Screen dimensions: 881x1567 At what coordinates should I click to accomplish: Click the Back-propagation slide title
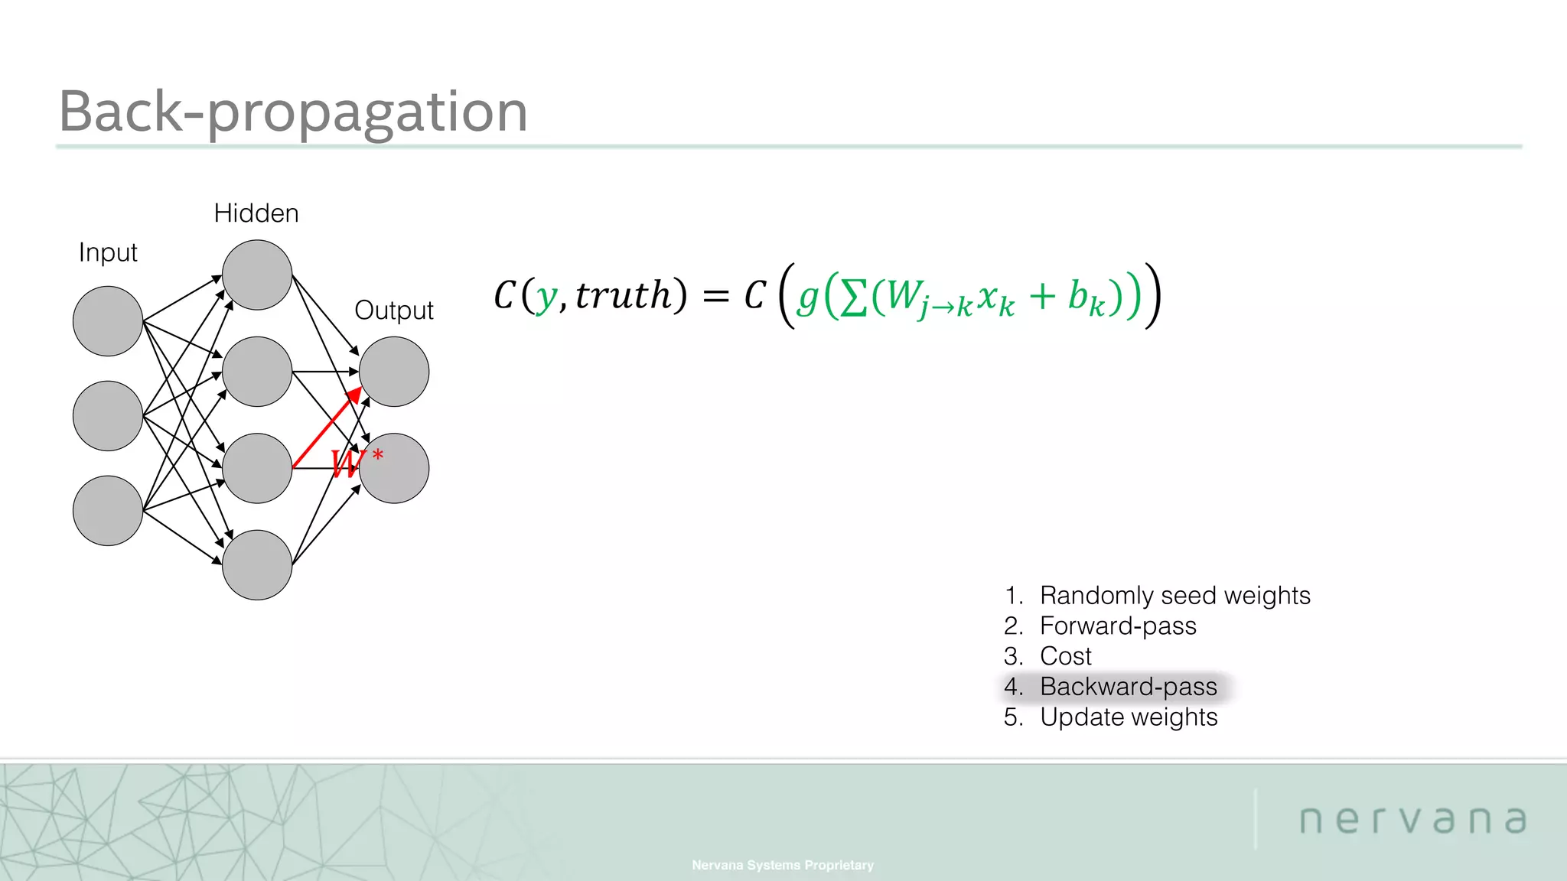coord(293,112)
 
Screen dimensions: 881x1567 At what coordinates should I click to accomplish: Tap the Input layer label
coord(108,252)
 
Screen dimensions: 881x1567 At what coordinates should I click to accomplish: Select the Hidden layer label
coord(256,213)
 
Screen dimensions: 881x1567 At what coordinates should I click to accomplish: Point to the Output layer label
coord(394,310)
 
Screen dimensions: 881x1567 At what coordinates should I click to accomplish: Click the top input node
coord(108,321)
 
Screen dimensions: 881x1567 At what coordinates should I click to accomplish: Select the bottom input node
coord(108,511)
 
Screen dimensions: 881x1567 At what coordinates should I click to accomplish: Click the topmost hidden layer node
coord(257,275)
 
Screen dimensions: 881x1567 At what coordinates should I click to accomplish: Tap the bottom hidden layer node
coord(257,565)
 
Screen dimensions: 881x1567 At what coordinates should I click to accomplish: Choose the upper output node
coord(394,372)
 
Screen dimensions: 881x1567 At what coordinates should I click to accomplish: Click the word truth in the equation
coord(623,295)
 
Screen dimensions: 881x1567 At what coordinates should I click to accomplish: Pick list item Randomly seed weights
coord(1174,595)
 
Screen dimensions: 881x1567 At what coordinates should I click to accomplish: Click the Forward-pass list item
coord(1117,626)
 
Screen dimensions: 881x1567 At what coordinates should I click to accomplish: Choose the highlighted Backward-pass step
coord(1128,687)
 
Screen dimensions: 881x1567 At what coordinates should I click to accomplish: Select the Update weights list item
coord(1128,717)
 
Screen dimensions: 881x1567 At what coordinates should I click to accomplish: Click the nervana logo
coord(1412,820)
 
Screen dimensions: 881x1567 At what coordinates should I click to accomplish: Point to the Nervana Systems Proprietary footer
coord(783,865)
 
